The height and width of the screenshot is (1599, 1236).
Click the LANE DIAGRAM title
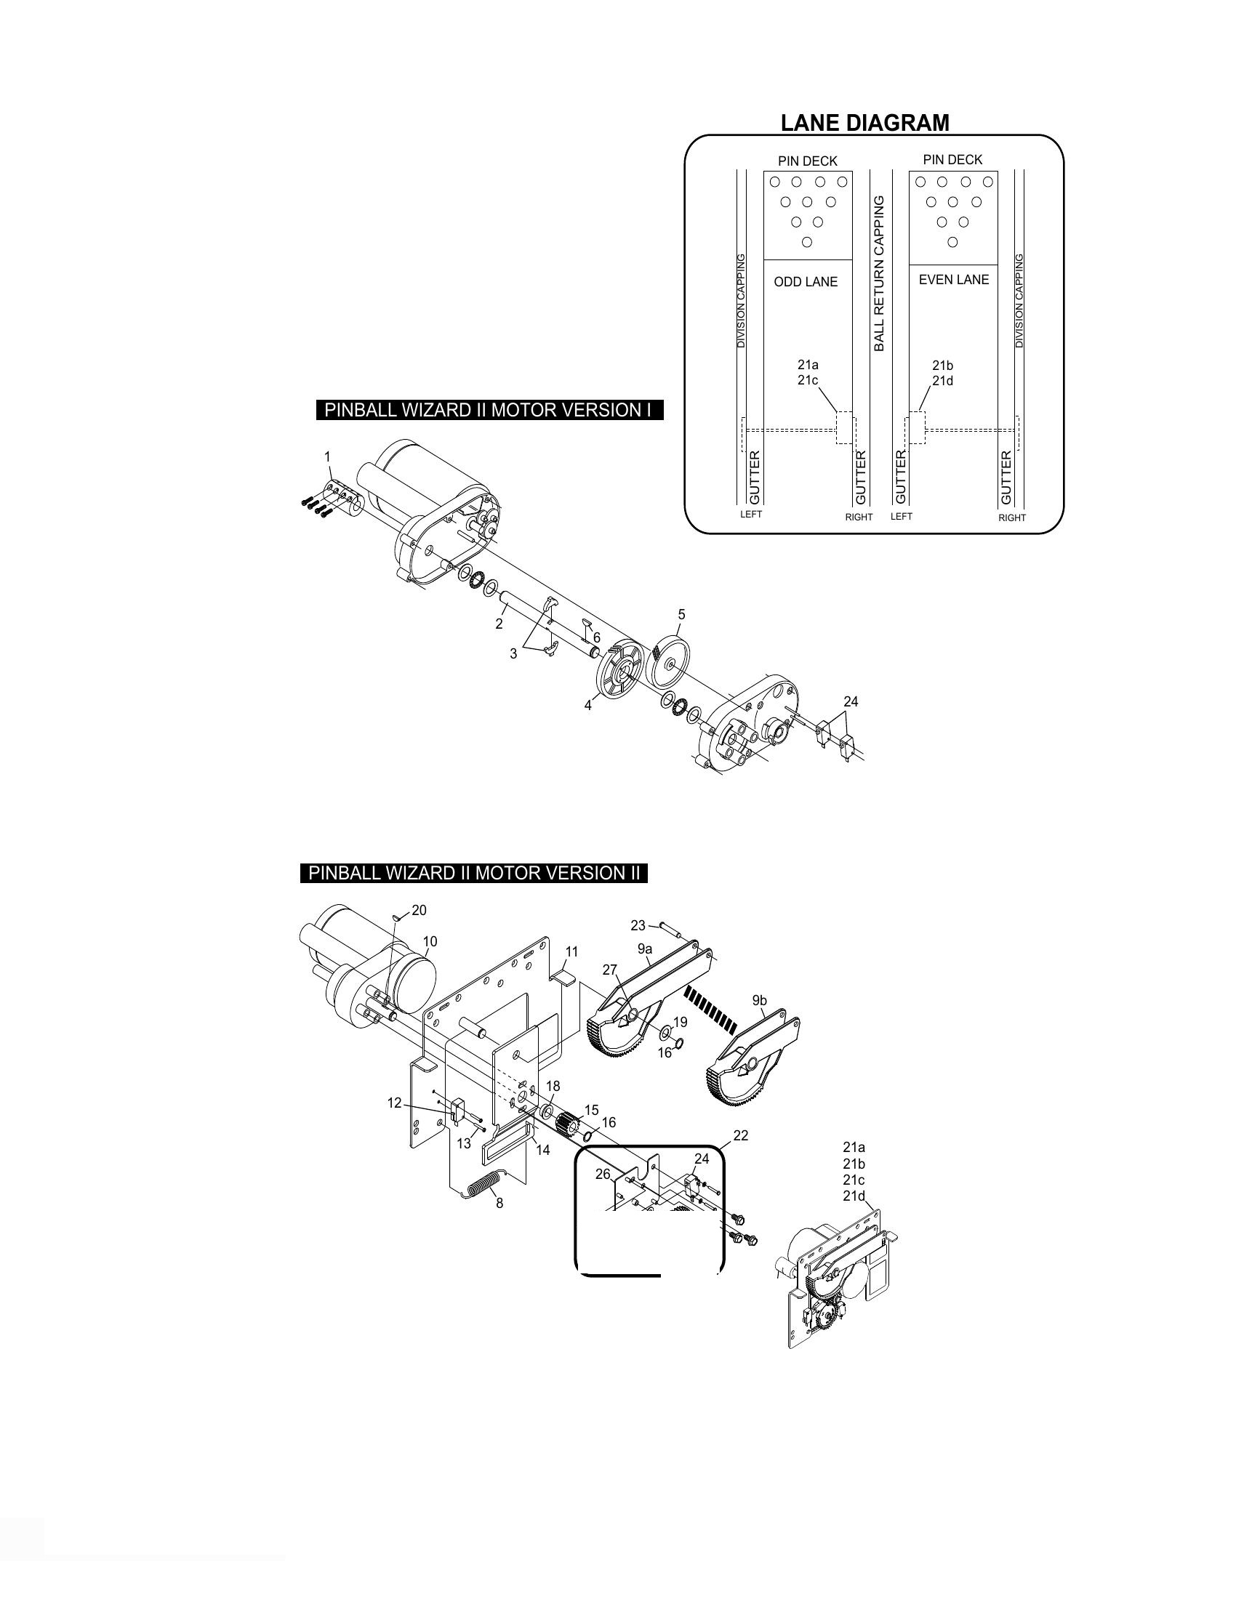pyautogui.click(x=864, y=122)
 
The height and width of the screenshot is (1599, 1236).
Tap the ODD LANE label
pyautogui.click(x=806, y=282)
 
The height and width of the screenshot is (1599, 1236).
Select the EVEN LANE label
pyautogui.click(x=953, y=280)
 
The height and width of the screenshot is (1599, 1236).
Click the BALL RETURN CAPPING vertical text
pyautogui.click(x=880, y=273)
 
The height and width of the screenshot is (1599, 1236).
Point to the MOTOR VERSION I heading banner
pyautogui.click(x=489, y=410)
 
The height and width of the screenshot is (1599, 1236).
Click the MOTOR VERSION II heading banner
pyautogui.click(x=474, y=873)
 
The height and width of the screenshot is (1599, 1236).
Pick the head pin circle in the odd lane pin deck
pyautogui.click(x=807, y=242)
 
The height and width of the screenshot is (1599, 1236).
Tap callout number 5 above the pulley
pyautogui.click(x=682, y=614)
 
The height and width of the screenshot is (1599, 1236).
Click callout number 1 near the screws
pyautogui.click(x=328, y=457)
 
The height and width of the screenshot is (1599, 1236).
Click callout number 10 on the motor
pyautogui.click(x=430, y=941)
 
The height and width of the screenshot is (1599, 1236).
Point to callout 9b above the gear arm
pyautogui.click(x=759, y=1000)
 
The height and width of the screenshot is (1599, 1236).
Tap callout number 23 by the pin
pyautogui.click(x=638, y=925)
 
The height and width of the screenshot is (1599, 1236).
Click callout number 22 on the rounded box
pyautogui.click(x=740, y=1135)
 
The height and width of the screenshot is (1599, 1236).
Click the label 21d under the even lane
pyautogui.click(x=942, y=381)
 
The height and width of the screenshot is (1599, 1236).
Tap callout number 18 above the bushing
pyautogui.click(x=553, y=1087)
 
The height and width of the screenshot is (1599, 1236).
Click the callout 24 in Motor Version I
pyautogui.click(x=850, y=701)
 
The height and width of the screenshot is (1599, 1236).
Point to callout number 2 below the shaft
pyautogui.click(x=499, y=624)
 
